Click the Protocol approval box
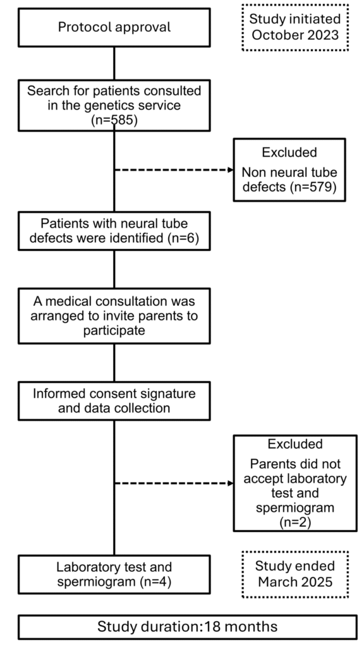pyautogui.click(x=114, y=27)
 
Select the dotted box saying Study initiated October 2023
pyautogui.click(x=294, y=27)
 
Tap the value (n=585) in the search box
pyautogui.click(x=114, y=118)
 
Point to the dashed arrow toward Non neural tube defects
pyautogui.click(x=174, y=170)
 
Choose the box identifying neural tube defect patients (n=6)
pyautogui.click(x=114, y=232)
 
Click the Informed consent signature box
pyautogui.click(x=114, y=401)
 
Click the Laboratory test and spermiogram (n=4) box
pyautogui.click(x=114, y=574)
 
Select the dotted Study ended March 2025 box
pyautogui.click(x=294, y=574)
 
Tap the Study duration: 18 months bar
pyautogui.click(x=186, y=627)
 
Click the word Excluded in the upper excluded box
pyautogui.click(x=290, y=152)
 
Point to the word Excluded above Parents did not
pyautogui.click(x=290, y=444)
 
